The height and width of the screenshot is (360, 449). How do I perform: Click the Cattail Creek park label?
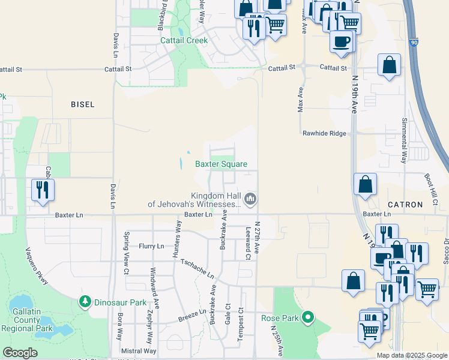click(184, 41)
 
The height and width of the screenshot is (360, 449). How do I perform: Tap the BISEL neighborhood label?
click(82, 104)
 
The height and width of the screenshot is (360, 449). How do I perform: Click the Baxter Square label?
click(221, 164)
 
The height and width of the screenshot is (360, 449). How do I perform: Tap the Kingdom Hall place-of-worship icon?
click(251, 198)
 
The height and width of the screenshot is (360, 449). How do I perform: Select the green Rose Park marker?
click(309, 316)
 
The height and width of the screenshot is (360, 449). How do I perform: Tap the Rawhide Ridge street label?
click(324, 133)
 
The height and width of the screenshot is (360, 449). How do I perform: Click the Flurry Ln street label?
click(151, 246)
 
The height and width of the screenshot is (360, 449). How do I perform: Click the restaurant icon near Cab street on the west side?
click(43, 190)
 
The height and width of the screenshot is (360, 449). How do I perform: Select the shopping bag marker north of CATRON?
click(366, 184)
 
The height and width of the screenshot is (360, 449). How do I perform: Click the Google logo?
click(20, 353)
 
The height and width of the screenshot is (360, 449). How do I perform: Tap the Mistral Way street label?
click(138, 351)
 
